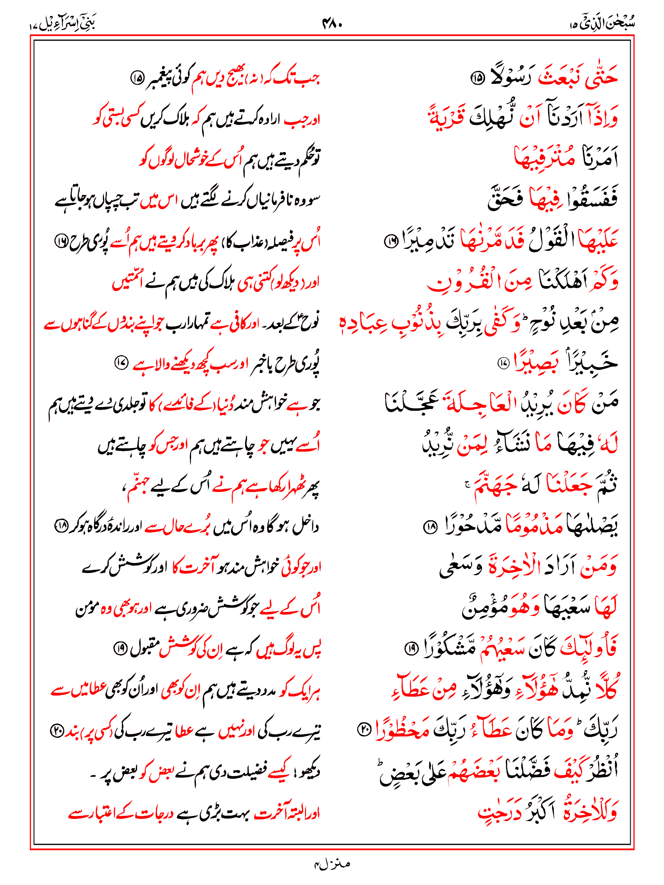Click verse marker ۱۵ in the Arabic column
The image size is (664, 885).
477,78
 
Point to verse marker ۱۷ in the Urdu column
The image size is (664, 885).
121,363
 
